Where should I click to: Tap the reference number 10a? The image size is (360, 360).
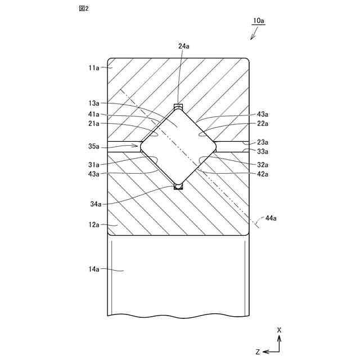click(x=259, y=20)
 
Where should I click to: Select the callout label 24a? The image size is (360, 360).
click(x=184, y=47)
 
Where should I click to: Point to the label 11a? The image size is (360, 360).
click(x=93, y=67)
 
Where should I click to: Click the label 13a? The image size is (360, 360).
click(x=93, y=103)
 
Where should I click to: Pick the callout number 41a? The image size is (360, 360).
click(x=93, y=114)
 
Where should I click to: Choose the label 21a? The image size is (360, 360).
click(x=93, y=124)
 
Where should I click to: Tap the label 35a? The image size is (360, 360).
click(x=93, y=146)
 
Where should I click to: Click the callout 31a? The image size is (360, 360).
click(x=93, y=164)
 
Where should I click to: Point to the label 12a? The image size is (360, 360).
click(x=93, y=225)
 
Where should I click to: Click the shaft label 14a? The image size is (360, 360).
click(x=93, y=270)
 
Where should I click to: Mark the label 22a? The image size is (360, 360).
click(x=262, y=124)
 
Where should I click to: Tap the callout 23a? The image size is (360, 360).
click(x=262, y=142)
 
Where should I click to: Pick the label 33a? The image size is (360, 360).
click(x=262, y=152)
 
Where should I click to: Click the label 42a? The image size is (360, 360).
click(x=262, y=174)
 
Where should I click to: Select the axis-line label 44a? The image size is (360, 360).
click(x=271, y=217)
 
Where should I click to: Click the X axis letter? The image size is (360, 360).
click(x=280, y=329)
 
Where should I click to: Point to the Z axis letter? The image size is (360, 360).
click(x=257, y=352)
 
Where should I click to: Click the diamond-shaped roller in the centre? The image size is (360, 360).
click(x=178, y=146)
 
